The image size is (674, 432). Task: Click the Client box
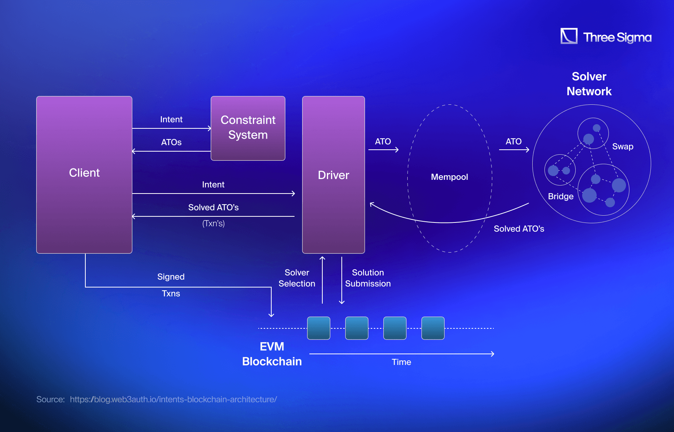click(84, 174)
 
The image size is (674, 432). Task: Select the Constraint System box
click(248, 128)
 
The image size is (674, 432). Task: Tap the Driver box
click(333, 175)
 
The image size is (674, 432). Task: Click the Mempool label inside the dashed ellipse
click(449, 177)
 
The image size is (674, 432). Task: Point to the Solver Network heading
click(589, 84)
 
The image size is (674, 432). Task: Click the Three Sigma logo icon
click(569, 36)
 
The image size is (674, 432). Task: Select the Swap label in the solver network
click(623, 147)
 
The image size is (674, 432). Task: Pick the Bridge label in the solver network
click(560, 196)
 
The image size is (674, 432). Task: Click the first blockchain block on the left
click(319, 328)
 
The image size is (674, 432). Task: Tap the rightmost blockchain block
click(433, 328)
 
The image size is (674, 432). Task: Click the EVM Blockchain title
click(272, 354)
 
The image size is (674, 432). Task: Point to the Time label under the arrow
click(401, 362)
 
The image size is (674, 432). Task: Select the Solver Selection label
click(297, 278)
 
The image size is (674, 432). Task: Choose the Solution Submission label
click(368, 278)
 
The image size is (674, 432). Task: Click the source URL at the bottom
click(173, 399)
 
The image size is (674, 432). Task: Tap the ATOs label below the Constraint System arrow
click(171, 142)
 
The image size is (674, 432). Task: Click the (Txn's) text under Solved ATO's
click(213, 224)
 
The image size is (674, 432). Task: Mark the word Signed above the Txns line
click(171, 277)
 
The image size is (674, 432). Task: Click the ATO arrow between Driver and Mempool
click(383, 150)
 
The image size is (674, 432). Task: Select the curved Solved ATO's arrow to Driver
click(446, 222)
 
